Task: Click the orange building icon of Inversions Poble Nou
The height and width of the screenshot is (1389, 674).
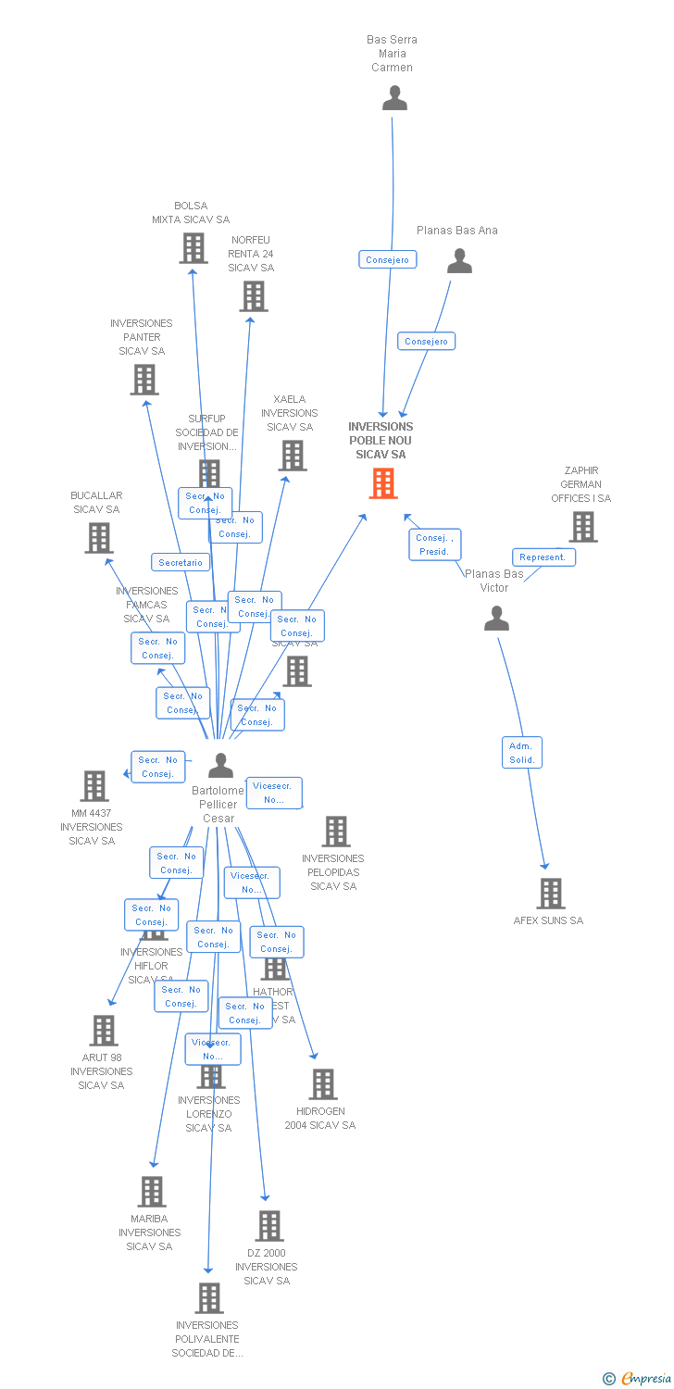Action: point(383,483)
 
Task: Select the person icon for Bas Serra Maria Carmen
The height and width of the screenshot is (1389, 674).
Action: point(394,98)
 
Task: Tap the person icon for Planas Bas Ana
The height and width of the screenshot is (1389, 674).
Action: point(459,262)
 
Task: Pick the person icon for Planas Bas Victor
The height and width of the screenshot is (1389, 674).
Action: point(496,619)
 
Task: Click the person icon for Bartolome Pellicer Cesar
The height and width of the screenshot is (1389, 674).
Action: point(220,766)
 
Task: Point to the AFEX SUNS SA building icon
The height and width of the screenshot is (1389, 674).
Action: point(551,894)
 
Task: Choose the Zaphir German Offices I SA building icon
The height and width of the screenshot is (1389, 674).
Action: point(582,527)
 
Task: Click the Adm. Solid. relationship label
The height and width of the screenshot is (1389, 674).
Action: point(522,752)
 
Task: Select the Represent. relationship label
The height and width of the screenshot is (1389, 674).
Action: point(543,557)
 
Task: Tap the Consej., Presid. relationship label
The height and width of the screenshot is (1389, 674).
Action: point(434,544)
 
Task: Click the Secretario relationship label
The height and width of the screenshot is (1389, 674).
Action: point(181,562)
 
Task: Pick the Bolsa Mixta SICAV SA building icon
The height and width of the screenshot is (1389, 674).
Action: point(193,248)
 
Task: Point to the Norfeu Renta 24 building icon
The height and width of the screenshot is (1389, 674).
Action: point(253,296)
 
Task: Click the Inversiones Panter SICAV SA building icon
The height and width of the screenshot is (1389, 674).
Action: point(144,380)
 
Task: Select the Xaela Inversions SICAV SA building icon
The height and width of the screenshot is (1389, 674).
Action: point(293,456)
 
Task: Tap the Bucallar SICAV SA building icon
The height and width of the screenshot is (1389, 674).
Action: point(99,538)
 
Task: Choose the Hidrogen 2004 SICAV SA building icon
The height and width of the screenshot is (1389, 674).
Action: point(322,1084)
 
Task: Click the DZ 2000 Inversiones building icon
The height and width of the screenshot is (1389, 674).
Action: point(268,1226)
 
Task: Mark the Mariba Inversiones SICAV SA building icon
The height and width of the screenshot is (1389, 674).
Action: point(151,1192)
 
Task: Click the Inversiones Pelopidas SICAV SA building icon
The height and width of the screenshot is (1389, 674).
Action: point(336,832)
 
